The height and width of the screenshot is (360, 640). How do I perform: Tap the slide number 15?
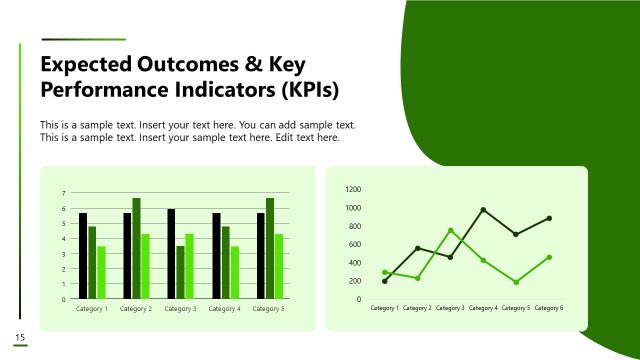pyautogui.click(x=19, y=336)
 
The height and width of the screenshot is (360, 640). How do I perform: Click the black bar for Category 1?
pyautogui.click(x=83, y=256)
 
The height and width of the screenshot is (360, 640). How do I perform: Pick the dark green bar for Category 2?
pyautogui.click(x=136, y=248)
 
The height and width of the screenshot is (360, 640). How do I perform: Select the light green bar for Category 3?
pyautogui.click(x=190, y=266)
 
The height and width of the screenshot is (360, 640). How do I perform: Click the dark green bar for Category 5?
pyautogui.click(x=269, y=248)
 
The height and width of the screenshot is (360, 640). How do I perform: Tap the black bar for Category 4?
pyautogui.click(x=216, y=256)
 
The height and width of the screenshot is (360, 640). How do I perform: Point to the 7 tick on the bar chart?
pyautogui.click(x=64, y=193)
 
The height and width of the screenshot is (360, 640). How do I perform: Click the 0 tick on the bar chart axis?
pyautogui.click(x=64, y=299)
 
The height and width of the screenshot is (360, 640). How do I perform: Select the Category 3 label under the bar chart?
pyautogui.click(x=180, y=309)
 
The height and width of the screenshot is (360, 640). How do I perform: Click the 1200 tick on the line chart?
pyautogui.click(x=353, y=189)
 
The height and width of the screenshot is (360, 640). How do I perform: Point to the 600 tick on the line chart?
pyautogui.click(x=355, y=244)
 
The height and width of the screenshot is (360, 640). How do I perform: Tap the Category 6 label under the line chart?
pyautogui.click(x=548, y=308)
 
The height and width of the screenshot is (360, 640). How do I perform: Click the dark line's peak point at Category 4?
pyautogui.click(x=483, y=210)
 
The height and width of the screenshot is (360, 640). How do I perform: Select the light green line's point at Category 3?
pyautogui.click(x=451, y=230)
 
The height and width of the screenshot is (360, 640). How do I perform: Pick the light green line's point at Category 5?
pyautogui.click(x=516, y=282)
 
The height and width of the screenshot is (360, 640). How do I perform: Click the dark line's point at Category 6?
pyautogui.click(x=549, y=218)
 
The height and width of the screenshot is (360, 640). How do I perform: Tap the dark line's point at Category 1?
pyautogui.click(x=385, y=281)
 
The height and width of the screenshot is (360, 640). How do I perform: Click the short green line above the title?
pyautogui.click(x=82, y=40)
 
